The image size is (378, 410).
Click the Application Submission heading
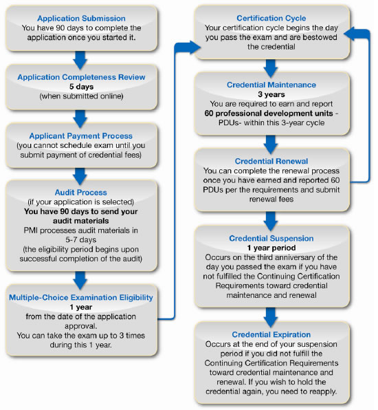coord(81,19)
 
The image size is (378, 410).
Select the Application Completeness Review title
coord(81,77)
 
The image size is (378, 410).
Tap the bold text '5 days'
coord(81,87)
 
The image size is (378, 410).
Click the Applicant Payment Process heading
coord(80,136)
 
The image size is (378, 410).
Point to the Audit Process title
coord(80,193)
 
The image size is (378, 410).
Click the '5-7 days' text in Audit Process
coord(80,240)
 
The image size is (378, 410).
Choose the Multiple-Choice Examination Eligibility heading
coord(81,298)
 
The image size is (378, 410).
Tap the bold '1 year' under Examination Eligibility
coord(81,307)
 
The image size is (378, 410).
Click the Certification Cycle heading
coord(271,19)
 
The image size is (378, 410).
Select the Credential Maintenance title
coord(271,85)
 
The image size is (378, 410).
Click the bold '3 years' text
coord(271,94)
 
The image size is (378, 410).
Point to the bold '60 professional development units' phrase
coord(269,114)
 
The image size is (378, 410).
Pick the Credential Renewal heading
coord(271,161)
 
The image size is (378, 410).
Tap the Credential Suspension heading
coord(271,239)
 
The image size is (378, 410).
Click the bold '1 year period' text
coord(271,248)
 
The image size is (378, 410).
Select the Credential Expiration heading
coord(271,335)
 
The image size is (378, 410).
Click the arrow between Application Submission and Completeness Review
coord(80,60)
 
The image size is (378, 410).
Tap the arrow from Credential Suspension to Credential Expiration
coord(271,317)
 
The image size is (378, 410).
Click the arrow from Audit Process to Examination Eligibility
coord(80,280)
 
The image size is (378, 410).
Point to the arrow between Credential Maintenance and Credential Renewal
coord(271,144)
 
